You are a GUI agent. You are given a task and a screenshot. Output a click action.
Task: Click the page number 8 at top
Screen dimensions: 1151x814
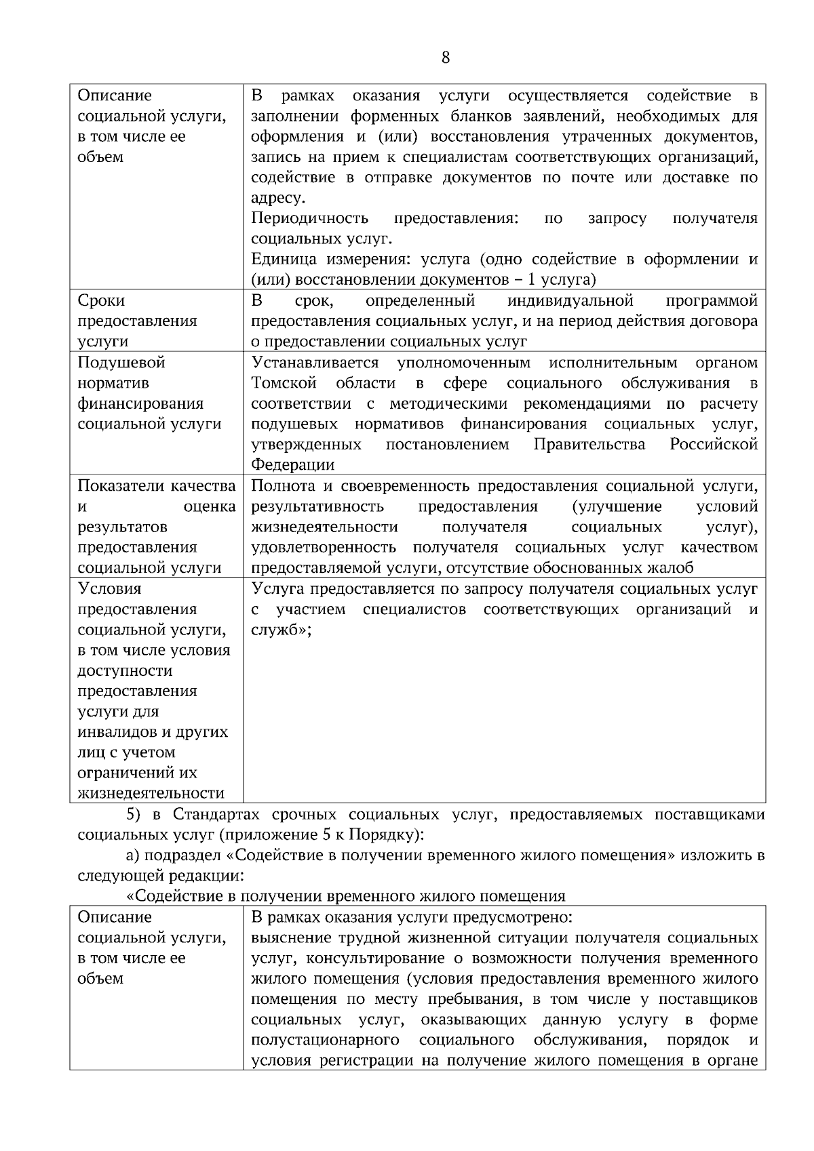point(445,58)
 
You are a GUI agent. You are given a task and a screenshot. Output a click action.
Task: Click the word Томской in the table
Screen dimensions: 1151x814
point(284,383)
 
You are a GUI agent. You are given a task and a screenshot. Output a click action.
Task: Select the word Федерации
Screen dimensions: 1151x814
point(292,465)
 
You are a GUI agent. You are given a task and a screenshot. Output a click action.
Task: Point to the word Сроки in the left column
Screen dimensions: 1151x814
point(101,300)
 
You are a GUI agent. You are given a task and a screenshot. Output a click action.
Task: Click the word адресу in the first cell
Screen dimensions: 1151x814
point(277,198)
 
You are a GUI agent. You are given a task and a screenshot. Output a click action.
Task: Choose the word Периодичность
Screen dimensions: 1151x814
point(309,218)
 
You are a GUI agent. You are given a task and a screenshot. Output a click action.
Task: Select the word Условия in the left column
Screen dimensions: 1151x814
point(109,588)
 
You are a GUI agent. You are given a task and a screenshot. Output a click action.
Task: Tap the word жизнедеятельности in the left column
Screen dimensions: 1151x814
point(151,793)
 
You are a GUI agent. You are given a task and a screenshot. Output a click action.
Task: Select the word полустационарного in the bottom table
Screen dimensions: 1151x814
point(324,1040)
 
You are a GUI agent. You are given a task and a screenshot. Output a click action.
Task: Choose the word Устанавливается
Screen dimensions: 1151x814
point(315,363)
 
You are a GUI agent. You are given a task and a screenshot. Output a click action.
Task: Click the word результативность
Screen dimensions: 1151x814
point(317,506)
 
